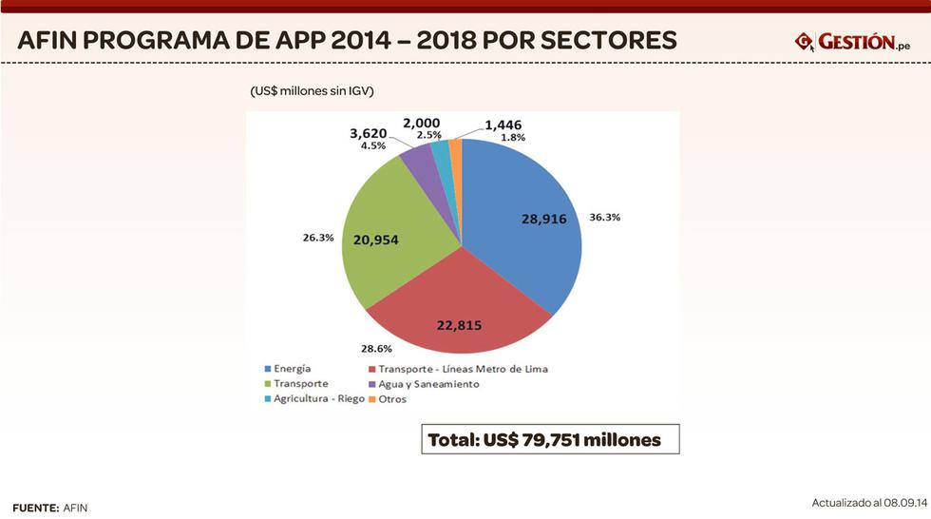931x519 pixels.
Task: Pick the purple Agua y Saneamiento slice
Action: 416,160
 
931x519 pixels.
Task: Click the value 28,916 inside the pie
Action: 543,219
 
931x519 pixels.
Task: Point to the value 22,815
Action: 459,325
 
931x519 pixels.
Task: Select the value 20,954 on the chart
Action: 375,240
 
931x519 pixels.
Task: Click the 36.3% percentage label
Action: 605,217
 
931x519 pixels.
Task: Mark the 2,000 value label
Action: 421,124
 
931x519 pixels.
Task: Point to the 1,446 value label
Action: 503,125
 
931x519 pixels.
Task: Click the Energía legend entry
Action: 293,368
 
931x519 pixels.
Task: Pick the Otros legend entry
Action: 391,399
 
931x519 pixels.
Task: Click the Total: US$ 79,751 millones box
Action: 550,440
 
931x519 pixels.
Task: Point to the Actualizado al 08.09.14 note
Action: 868,502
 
